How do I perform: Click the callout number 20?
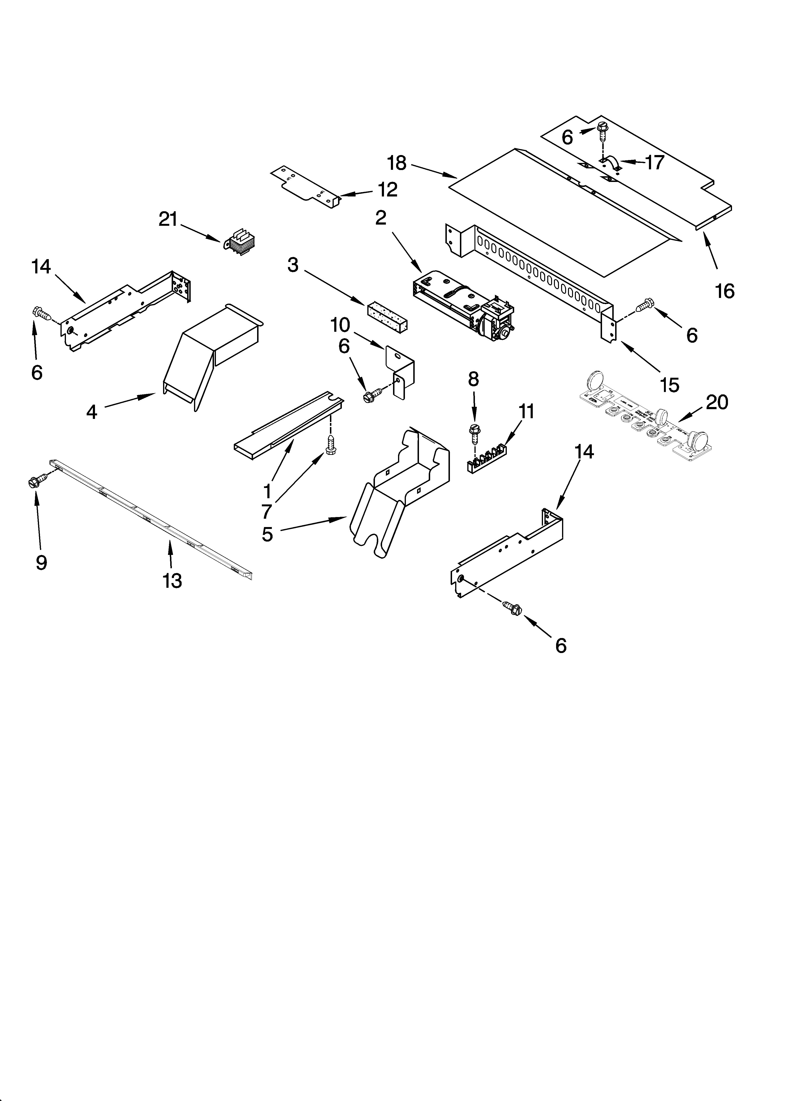coord(717,402)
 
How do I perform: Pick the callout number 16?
coord(725,291)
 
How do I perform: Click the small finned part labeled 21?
coord(241,241)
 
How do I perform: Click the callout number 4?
coord(92,412)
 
